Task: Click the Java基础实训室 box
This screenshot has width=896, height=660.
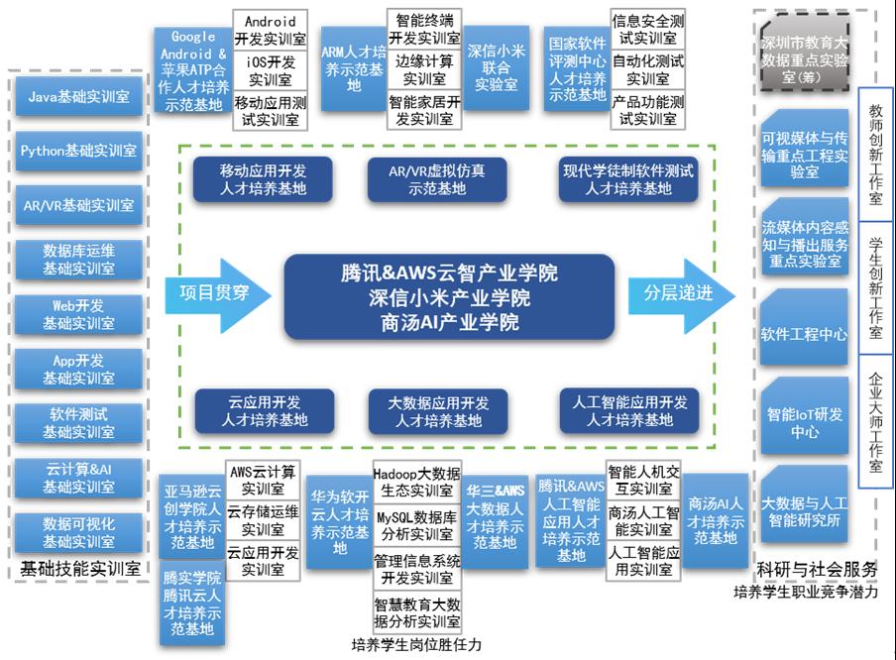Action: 78,96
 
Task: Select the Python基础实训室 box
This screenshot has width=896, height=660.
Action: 78,151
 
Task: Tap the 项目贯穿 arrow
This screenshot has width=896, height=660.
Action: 212,294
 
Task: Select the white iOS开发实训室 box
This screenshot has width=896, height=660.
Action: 270,70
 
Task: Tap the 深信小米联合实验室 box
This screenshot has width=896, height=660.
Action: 496,68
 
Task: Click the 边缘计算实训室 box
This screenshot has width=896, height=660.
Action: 424,70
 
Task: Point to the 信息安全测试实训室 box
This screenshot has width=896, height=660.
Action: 647,30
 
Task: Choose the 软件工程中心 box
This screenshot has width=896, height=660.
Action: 804,334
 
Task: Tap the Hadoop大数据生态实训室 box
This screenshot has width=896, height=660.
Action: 416,482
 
